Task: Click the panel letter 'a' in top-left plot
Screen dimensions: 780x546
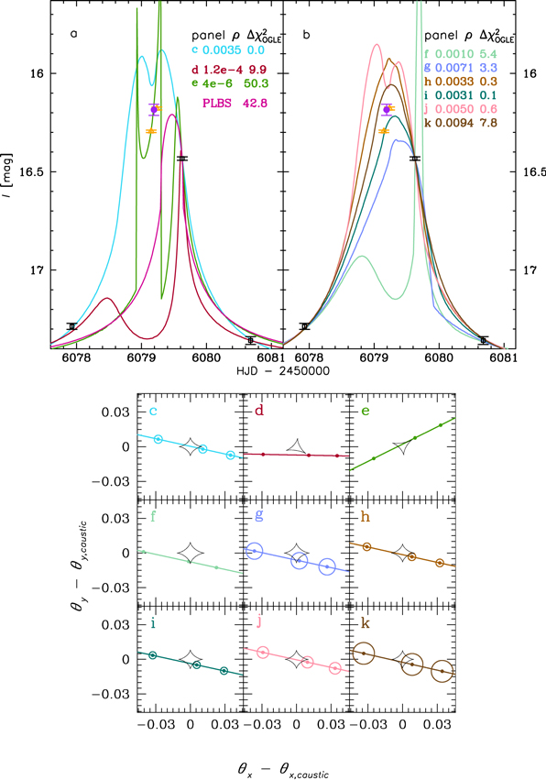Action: pos(74,36)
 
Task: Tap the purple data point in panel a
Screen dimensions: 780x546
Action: pos(154,109)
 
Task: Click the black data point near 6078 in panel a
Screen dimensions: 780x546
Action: pos(71,326)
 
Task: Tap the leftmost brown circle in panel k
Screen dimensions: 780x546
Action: pos(364,653)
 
